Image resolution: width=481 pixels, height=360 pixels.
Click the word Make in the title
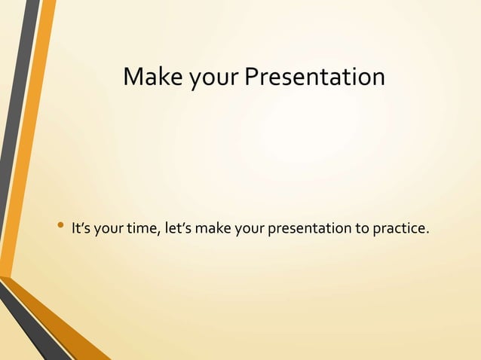tap(149, 77)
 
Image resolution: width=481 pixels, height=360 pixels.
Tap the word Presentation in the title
tap(314, 77)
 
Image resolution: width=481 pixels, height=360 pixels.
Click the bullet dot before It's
tap(60, 227)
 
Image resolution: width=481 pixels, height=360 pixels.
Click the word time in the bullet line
tap(142, 227)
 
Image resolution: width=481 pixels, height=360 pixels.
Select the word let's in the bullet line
tap(176, 227)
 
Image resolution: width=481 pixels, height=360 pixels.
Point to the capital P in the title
tap(251, 77)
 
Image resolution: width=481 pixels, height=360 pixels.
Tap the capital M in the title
tap(133, 77)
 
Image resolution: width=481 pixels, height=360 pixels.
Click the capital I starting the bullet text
tap(72, 227)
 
